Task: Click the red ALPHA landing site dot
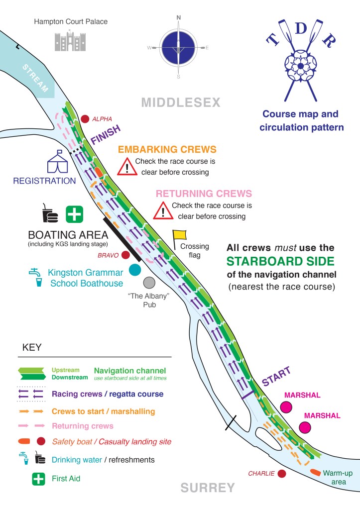pyautogui.click(x=85, y=119)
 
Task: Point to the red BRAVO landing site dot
pyautogui.click(x=125, y=255)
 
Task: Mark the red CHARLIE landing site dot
pyautogui.click(x=282, y=473)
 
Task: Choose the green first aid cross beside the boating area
pyautogui.click(x=75, y=214)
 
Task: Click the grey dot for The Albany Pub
pyautogui.click(x=148, y=283)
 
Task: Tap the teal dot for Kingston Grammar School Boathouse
pyautogui.click(x=135, y=270)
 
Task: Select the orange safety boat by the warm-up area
pyautogui.click(x=316, y=471)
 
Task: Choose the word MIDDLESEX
pyautogui.click(x=181, y=102)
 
